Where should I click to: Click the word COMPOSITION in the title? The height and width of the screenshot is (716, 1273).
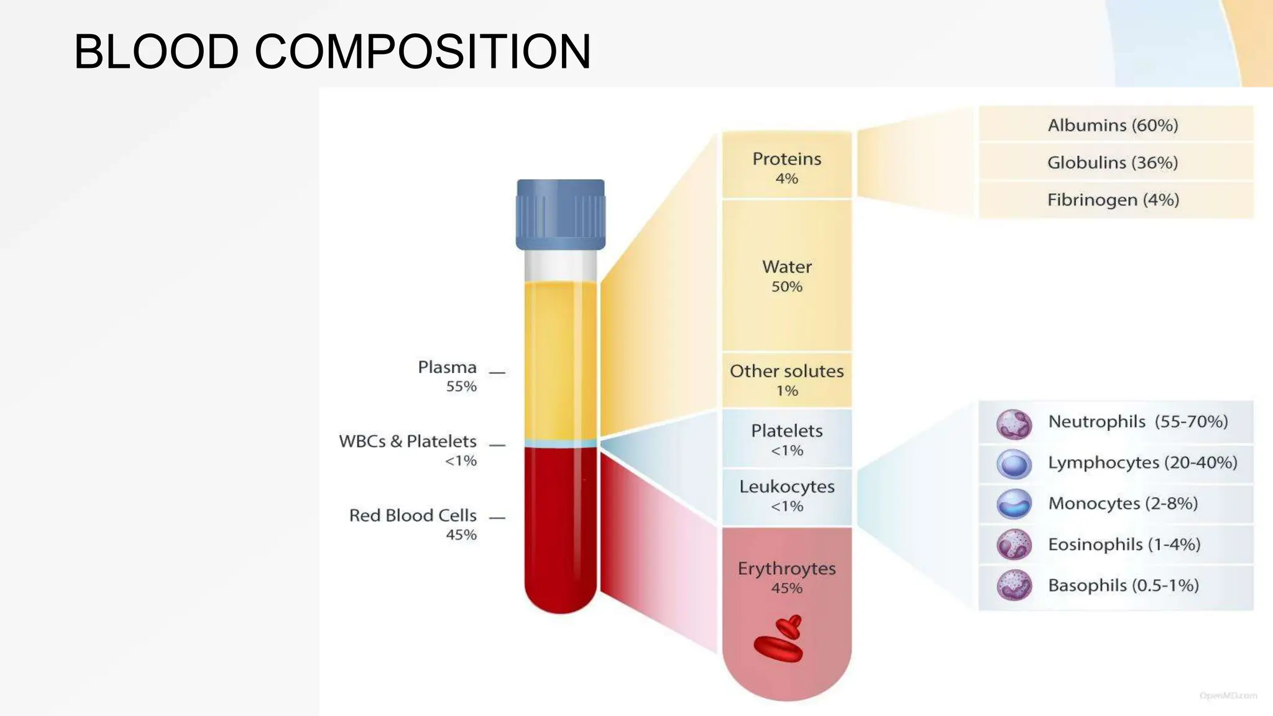(423, 51)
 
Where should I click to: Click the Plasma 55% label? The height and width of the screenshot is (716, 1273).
(448, 375)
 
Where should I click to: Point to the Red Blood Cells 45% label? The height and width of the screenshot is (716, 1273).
(413, 523)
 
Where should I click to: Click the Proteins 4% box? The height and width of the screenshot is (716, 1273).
(786, 167)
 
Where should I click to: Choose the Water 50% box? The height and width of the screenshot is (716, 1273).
(786, 275)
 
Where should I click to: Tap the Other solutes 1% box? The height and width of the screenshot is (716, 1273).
(786, 380)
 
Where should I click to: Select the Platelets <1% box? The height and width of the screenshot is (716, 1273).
(786, 439)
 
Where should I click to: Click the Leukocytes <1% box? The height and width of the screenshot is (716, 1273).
(786, 495)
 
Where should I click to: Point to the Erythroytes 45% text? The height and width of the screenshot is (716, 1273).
(786, 576)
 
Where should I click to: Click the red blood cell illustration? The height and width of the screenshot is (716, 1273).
(780, 640)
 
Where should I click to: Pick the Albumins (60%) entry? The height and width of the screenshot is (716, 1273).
(1113, 125)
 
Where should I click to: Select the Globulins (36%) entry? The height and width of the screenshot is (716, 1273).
(1113, 162)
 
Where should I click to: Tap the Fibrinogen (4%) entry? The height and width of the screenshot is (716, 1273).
(1113, 200)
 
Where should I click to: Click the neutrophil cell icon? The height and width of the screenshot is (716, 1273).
(1014, 424)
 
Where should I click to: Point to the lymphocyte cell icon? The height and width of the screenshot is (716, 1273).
(1014, 464)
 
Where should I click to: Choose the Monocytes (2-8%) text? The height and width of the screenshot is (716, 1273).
(1123, 503)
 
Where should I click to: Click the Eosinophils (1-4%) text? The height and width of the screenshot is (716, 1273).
(1124, 544)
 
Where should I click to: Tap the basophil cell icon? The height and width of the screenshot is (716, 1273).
(1014, 585)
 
